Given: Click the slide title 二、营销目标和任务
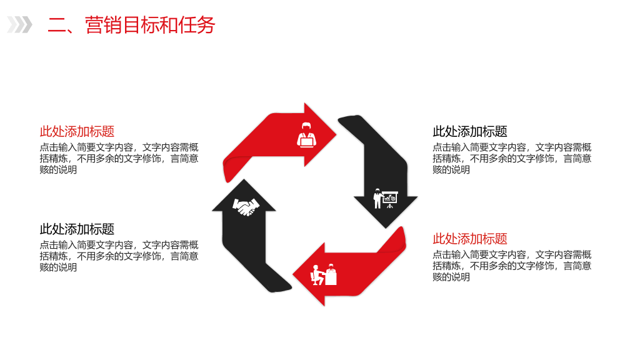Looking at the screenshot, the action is [131, 25].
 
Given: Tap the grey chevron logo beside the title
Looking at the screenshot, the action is [19, 24].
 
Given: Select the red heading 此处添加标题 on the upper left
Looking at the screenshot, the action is [77, 131].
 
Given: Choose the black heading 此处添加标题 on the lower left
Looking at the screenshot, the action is [77, 229].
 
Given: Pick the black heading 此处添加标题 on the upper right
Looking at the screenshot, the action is [470, 131].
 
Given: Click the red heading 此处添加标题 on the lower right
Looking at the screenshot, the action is [470, 239].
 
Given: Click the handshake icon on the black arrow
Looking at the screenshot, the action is [246, 206].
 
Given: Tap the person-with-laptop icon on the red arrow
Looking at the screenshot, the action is [306, 135].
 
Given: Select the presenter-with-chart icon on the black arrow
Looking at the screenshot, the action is [385, 198].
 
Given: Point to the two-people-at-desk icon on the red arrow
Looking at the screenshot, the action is [324, 274].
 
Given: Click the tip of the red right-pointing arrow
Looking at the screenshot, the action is [336, 134].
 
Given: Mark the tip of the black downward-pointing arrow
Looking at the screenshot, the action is [386, 228].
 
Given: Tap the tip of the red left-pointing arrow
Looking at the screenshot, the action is [293, 274].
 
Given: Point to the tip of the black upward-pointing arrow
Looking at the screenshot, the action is [244, 179].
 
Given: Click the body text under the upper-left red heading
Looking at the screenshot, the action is [119, 158].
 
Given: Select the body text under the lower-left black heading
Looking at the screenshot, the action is [119, 256].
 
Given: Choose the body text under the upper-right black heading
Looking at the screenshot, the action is [512, 158].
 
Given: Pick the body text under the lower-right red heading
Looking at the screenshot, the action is [512, 266].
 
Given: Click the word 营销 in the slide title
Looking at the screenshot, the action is [103, 25].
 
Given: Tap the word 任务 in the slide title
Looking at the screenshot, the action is [197, 25].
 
